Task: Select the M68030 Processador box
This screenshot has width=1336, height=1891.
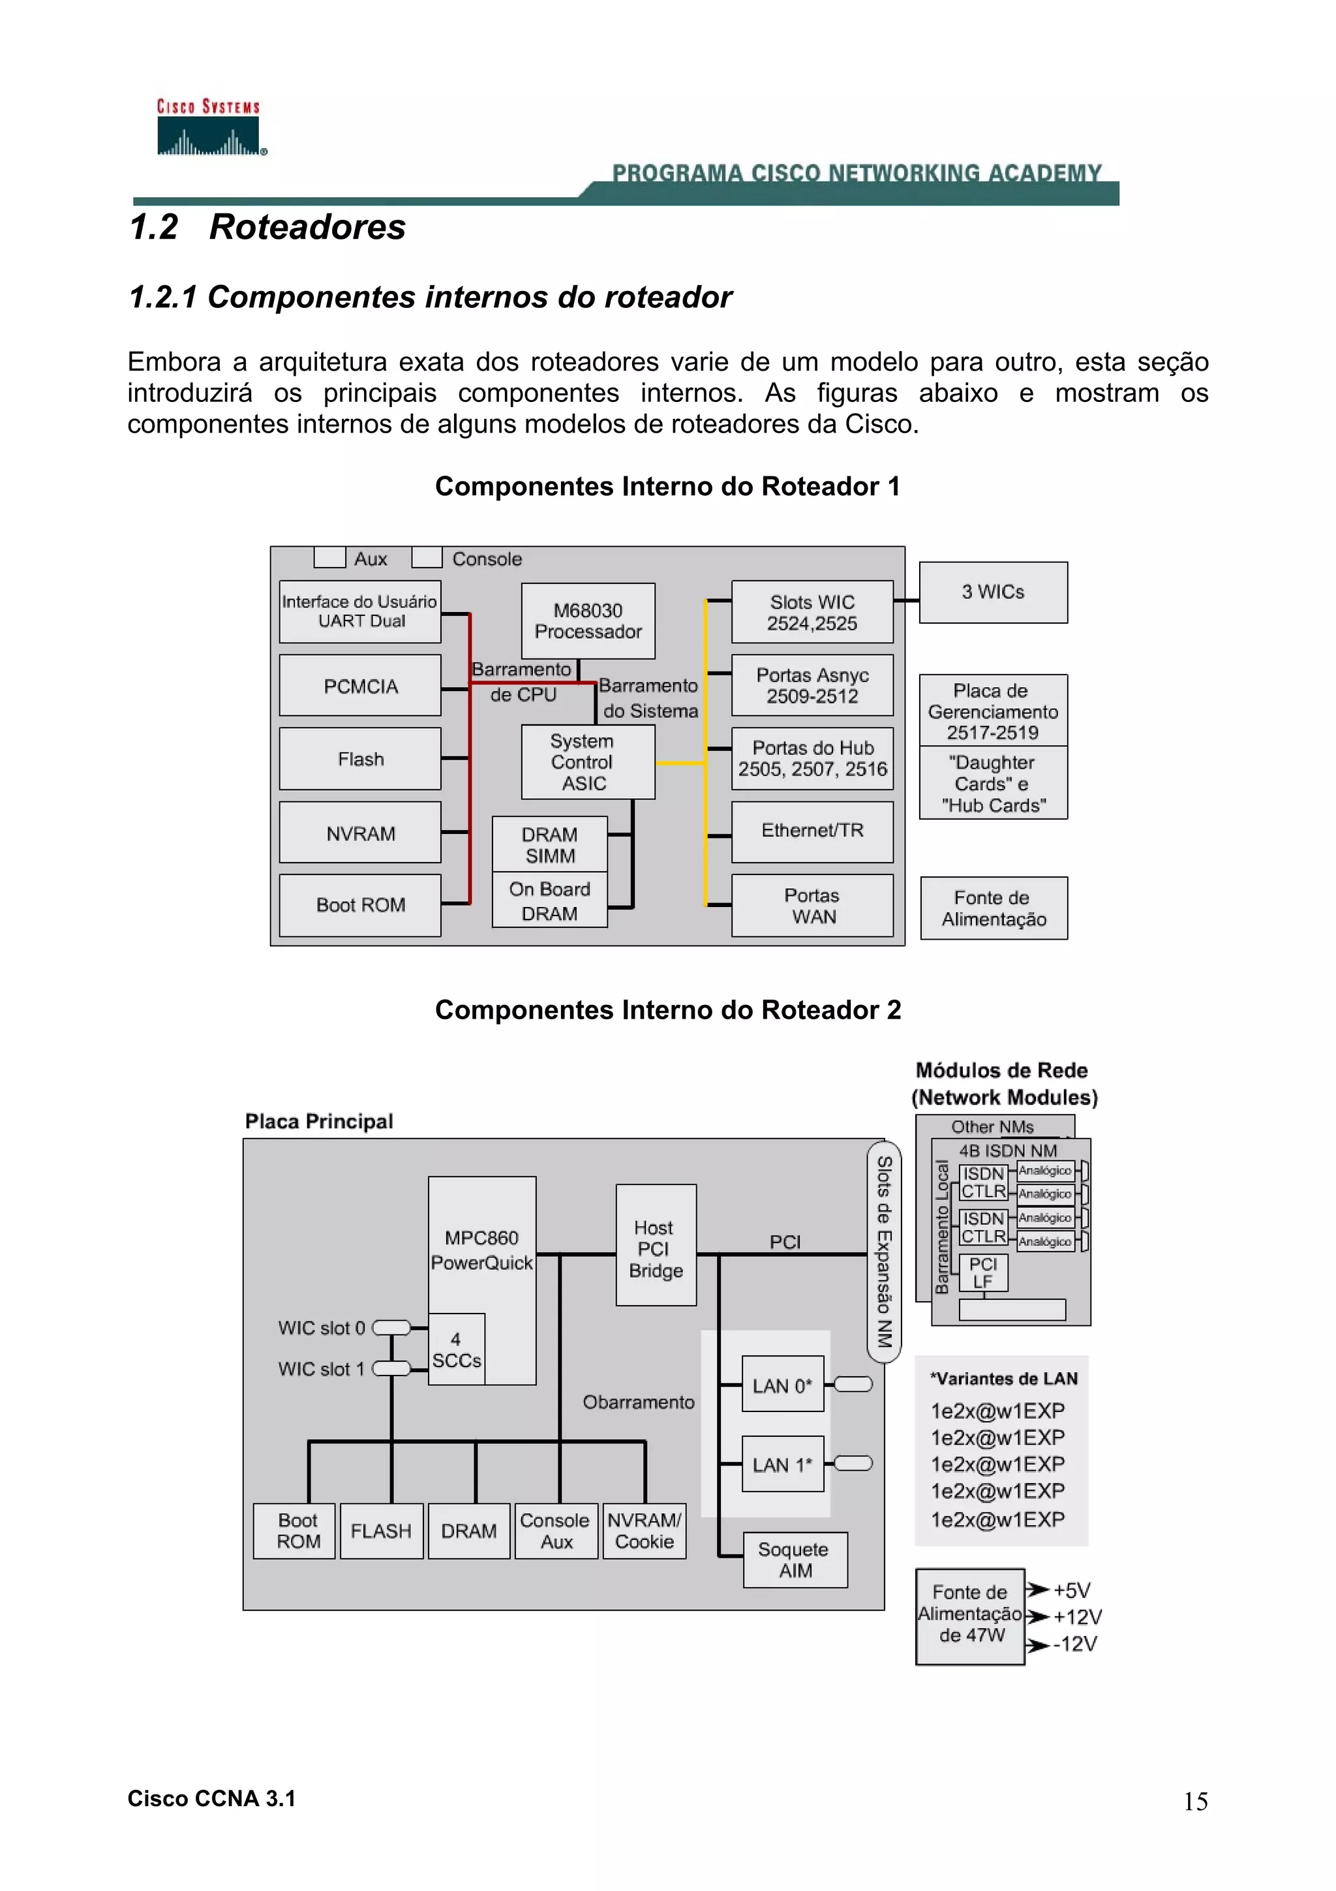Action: click(x=588, y=621)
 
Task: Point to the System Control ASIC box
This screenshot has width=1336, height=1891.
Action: click(x=588, y=762)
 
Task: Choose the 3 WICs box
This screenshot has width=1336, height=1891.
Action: click(x=993, y=592)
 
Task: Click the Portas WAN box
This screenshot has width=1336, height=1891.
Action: click(x=812, y=906)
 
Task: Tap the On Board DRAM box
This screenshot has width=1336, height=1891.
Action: click(x=549, y=900)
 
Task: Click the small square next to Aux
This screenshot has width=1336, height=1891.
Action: click(x=329, y=558)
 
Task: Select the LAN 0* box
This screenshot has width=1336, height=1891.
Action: click(x=782, y=1385)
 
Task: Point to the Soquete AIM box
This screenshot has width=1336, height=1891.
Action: click(x=795, y=1559)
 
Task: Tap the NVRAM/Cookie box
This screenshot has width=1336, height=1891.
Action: click(x=645, y=1530)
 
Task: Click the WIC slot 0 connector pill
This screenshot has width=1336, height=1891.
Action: click(x=392, y=1327)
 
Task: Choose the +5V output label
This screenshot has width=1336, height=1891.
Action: click(x=1072, y=1590)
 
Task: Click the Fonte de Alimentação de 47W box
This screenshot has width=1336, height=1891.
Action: click(x=969, y=1616)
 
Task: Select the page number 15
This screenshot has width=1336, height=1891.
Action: click(x=1195, y=1801)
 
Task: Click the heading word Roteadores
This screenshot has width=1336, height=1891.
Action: click(x=307, y=227)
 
